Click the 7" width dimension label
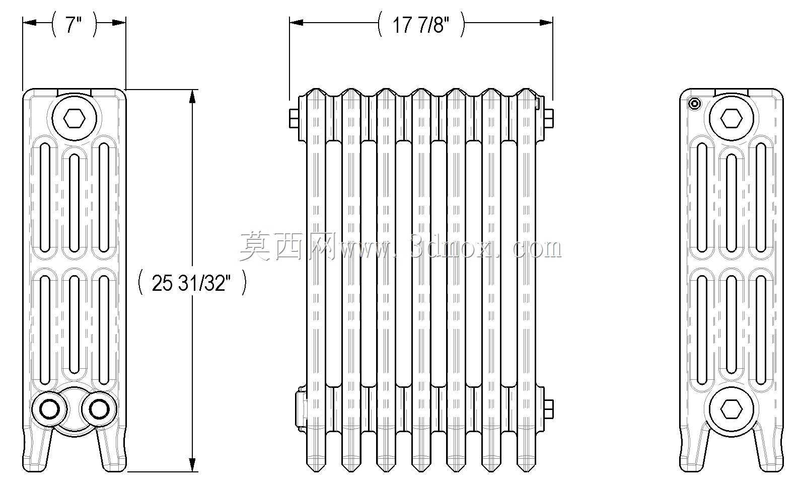click(x=74, y=25)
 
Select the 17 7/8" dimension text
click(x=421, y=25)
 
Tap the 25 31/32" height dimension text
click(x=191, y=283)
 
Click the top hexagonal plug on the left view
click(x=75, y=118)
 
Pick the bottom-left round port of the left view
click(x=49, y=409)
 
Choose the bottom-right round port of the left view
click(x=99, y=409)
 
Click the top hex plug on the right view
click(x=732, y=118)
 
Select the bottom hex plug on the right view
click(x=732, y=409)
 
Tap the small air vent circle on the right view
click(x=695, y=104)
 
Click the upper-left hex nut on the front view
click(x=294, y=118)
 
